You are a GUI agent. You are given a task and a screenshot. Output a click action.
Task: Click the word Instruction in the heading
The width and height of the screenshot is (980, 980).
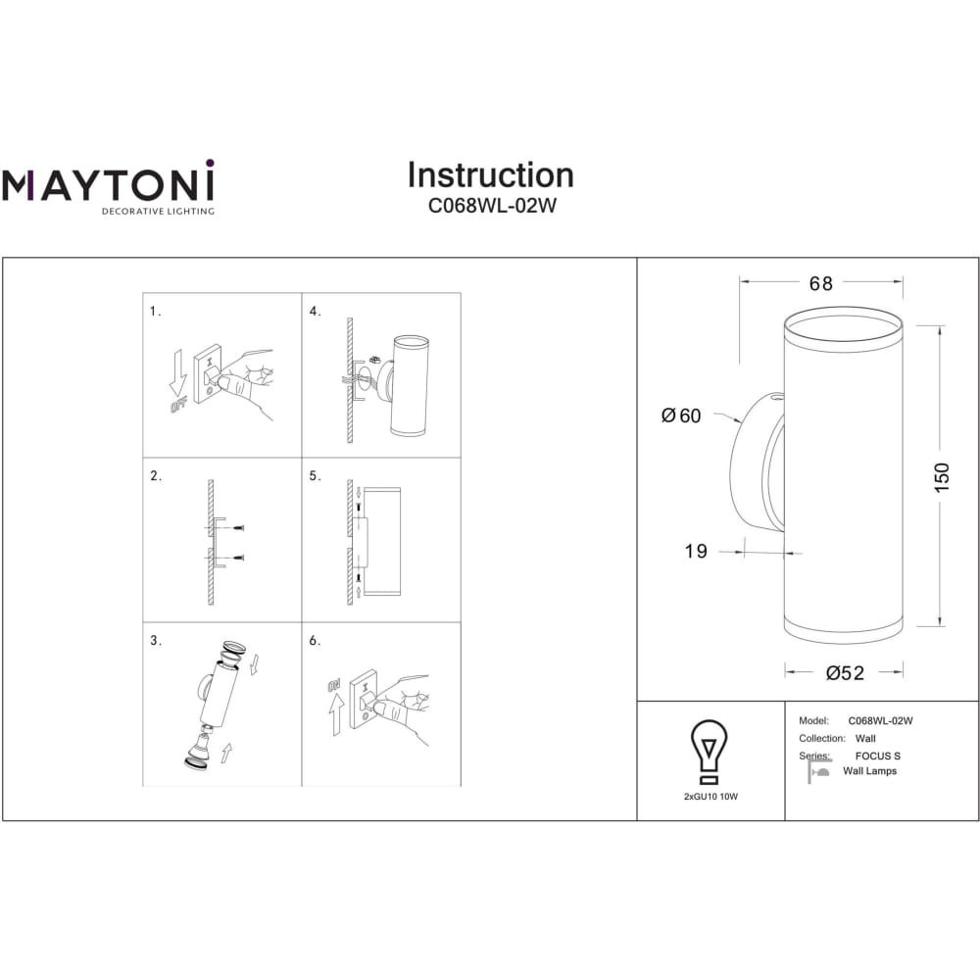(x=491, y=175)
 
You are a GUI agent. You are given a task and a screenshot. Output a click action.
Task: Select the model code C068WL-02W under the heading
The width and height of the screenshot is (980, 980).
(x=492, y=206)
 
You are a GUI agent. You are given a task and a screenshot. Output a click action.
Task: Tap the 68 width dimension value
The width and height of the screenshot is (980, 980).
(x=820, y=284)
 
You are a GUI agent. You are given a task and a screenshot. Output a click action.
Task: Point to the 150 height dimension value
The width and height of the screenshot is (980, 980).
(x=942, y=477)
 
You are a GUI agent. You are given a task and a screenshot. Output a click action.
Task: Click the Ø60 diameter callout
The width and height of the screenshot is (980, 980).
(x=681, y=416)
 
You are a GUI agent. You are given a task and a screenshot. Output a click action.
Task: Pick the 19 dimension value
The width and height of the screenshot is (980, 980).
(x=696, y=551)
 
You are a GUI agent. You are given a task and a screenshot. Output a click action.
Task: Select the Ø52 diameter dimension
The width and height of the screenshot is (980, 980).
(x=845, y=673)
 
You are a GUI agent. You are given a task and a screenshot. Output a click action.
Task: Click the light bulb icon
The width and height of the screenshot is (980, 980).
(x=709, y=752)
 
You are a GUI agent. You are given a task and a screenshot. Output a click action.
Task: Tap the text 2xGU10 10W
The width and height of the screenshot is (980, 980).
(x=710, y=797)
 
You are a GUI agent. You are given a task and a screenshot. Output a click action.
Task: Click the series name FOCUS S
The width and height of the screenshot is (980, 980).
(x=877, y=756)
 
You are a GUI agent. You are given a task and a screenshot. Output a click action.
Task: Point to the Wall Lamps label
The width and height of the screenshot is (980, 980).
(x=869, y=771)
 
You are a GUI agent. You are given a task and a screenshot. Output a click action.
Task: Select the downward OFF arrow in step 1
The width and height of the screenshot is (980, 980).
(x=178, y=373)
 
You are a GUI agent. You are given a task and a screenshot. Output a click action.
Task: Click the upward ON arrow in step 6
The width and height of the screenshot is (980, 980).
(x=336, y=713)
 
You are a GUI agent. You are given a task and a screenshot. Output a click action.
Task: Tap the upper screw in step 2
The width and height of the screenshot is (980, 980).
(x=237, y=529)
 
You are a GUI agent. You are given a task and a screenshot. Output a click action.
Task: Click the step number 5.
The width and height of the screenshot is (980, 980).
(x=315, y=476)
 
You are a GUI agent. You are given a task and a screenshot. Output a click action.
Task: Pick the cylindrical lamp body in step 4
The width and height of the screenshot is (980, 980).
(x=410, y=385)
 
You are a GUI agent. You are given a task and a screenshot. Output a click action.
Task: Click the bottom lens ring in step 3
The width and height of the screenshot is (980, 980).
(x=198, y=763)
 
